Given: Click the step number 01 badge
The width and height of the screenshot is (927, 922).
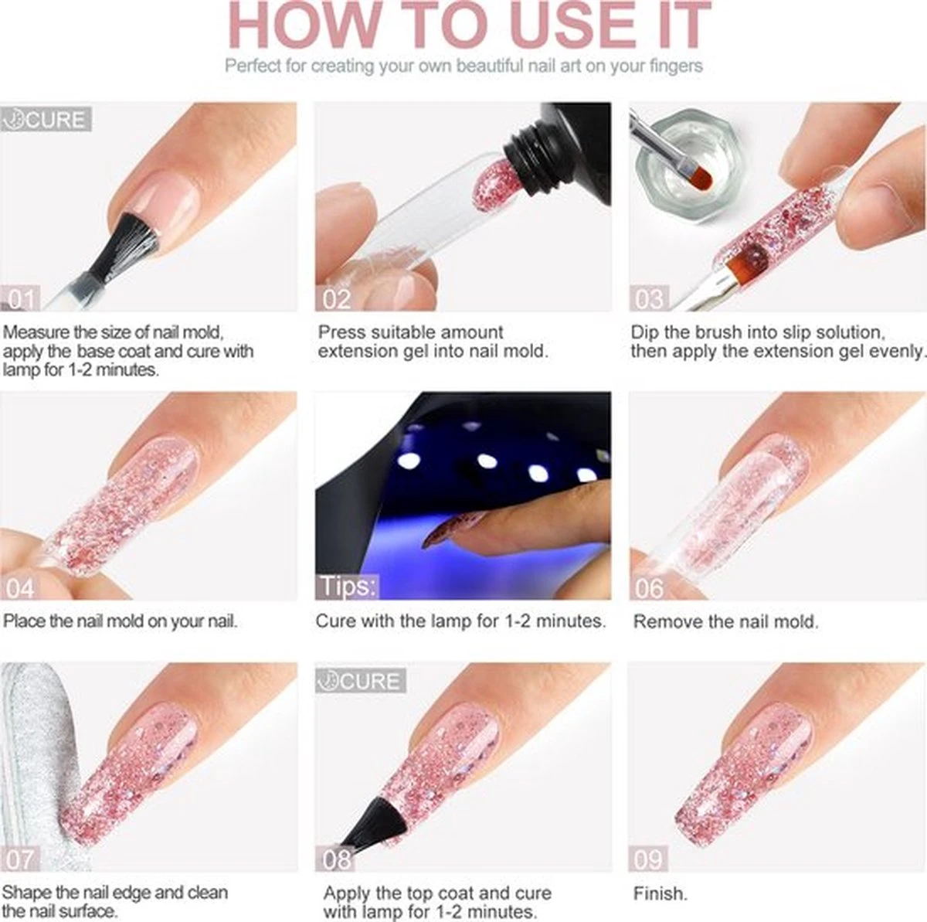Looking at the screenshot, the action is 20,298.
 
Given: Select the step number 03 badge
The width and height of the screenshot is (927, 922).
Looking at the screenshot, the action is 649,298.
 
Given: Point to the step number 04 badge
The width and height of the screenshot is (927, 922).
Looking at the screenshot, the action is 20,588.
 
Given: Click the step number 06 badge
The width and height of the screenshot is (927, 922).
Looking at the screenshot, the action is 649,588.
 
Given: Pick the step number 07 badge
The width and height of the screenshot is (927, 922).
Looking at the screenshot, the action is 20,859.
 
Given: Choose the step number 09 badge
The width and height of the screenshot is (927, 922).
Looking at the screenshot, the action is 649,859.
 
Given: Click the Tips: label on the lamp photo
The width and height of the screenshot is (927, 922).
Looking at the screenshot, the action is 347,587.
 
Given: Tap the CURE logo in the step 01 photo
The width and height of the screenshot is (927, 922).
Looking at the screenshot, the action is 46,119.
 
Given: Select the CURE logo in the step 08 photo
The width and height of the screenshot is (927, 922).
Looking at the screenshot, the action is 360,681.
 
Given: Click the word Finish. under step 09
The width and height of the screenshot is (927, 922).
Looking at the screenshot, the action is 660,893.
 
